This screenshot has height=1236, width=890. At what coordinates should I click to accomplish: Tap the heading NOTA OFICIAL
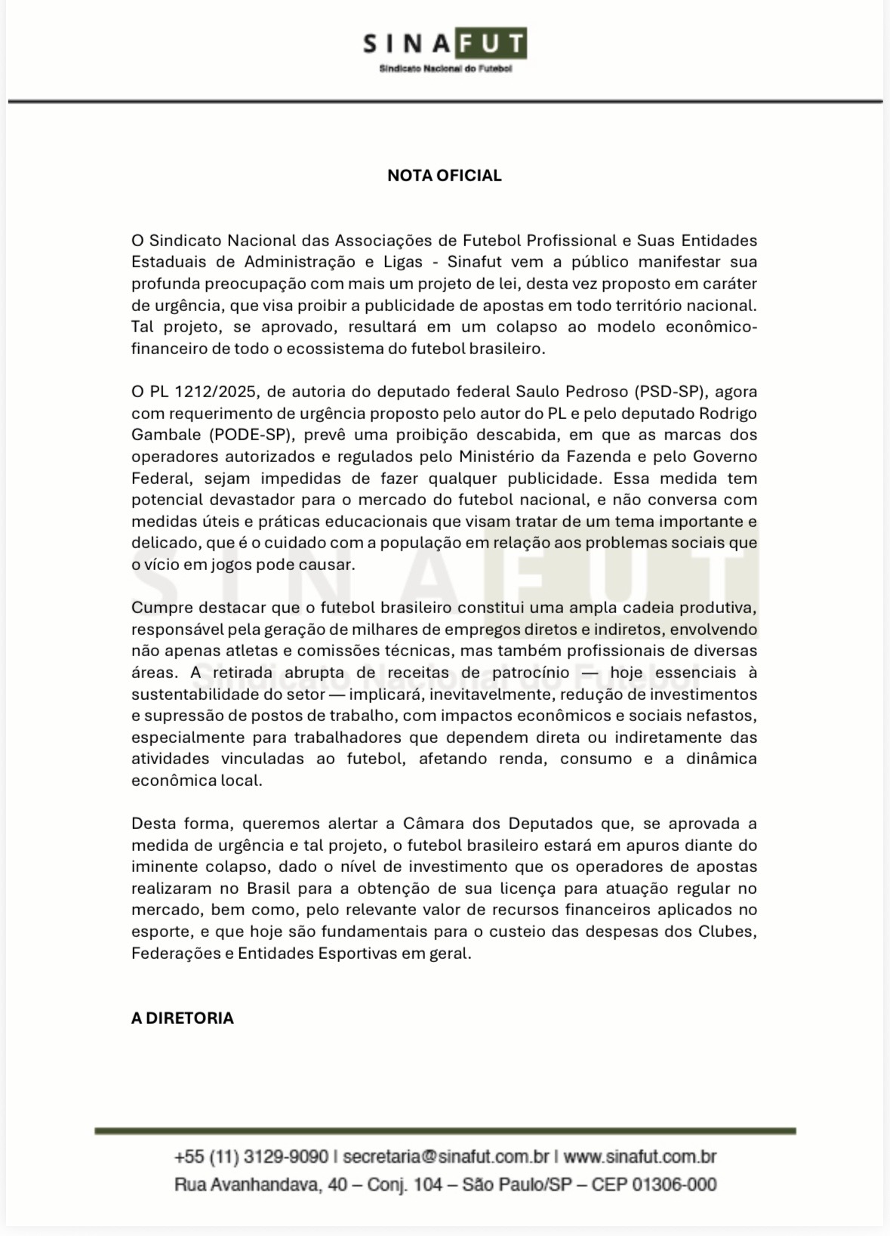click(x=444, y=176)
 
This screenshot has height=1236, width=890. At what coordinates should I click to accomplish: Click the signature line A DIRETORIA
click(x=182, y=1018)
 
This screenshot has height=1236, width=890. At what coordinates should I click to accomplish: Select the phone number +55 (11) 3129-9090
click(x=251, y=1157)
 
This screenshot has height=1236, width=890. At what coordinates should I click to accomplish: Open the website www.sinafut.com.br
click(x=639, y=1157)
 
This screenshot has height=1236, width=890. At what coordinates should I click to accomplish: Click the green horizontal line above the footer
click(x=445, y=1131)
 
